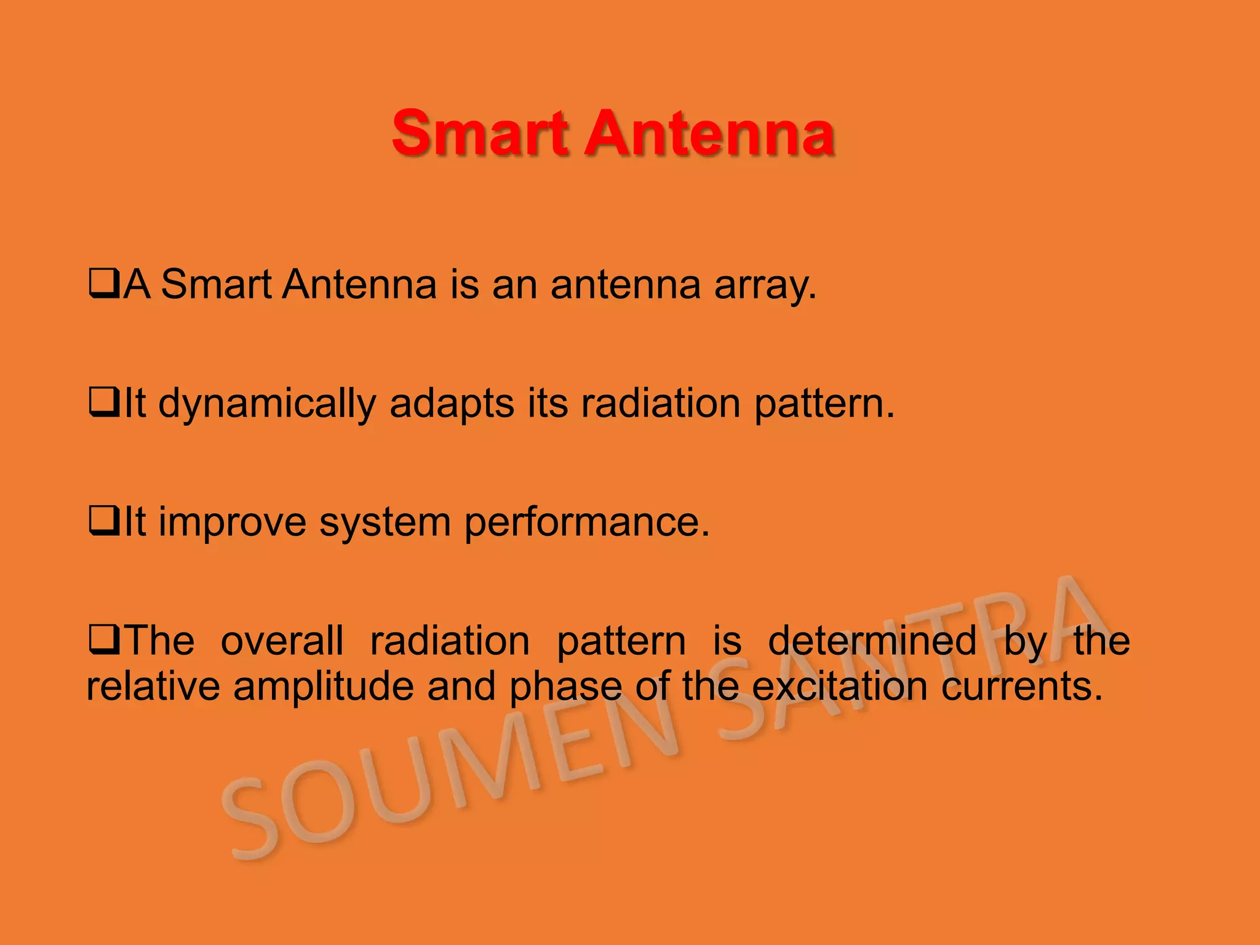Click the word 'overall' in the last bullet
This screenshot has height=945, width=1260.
(282, 640)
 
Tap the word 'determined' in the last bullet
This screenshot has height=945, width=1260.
(872, 640)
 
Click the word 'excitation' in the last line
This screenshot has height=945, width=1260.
(839, 686)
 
